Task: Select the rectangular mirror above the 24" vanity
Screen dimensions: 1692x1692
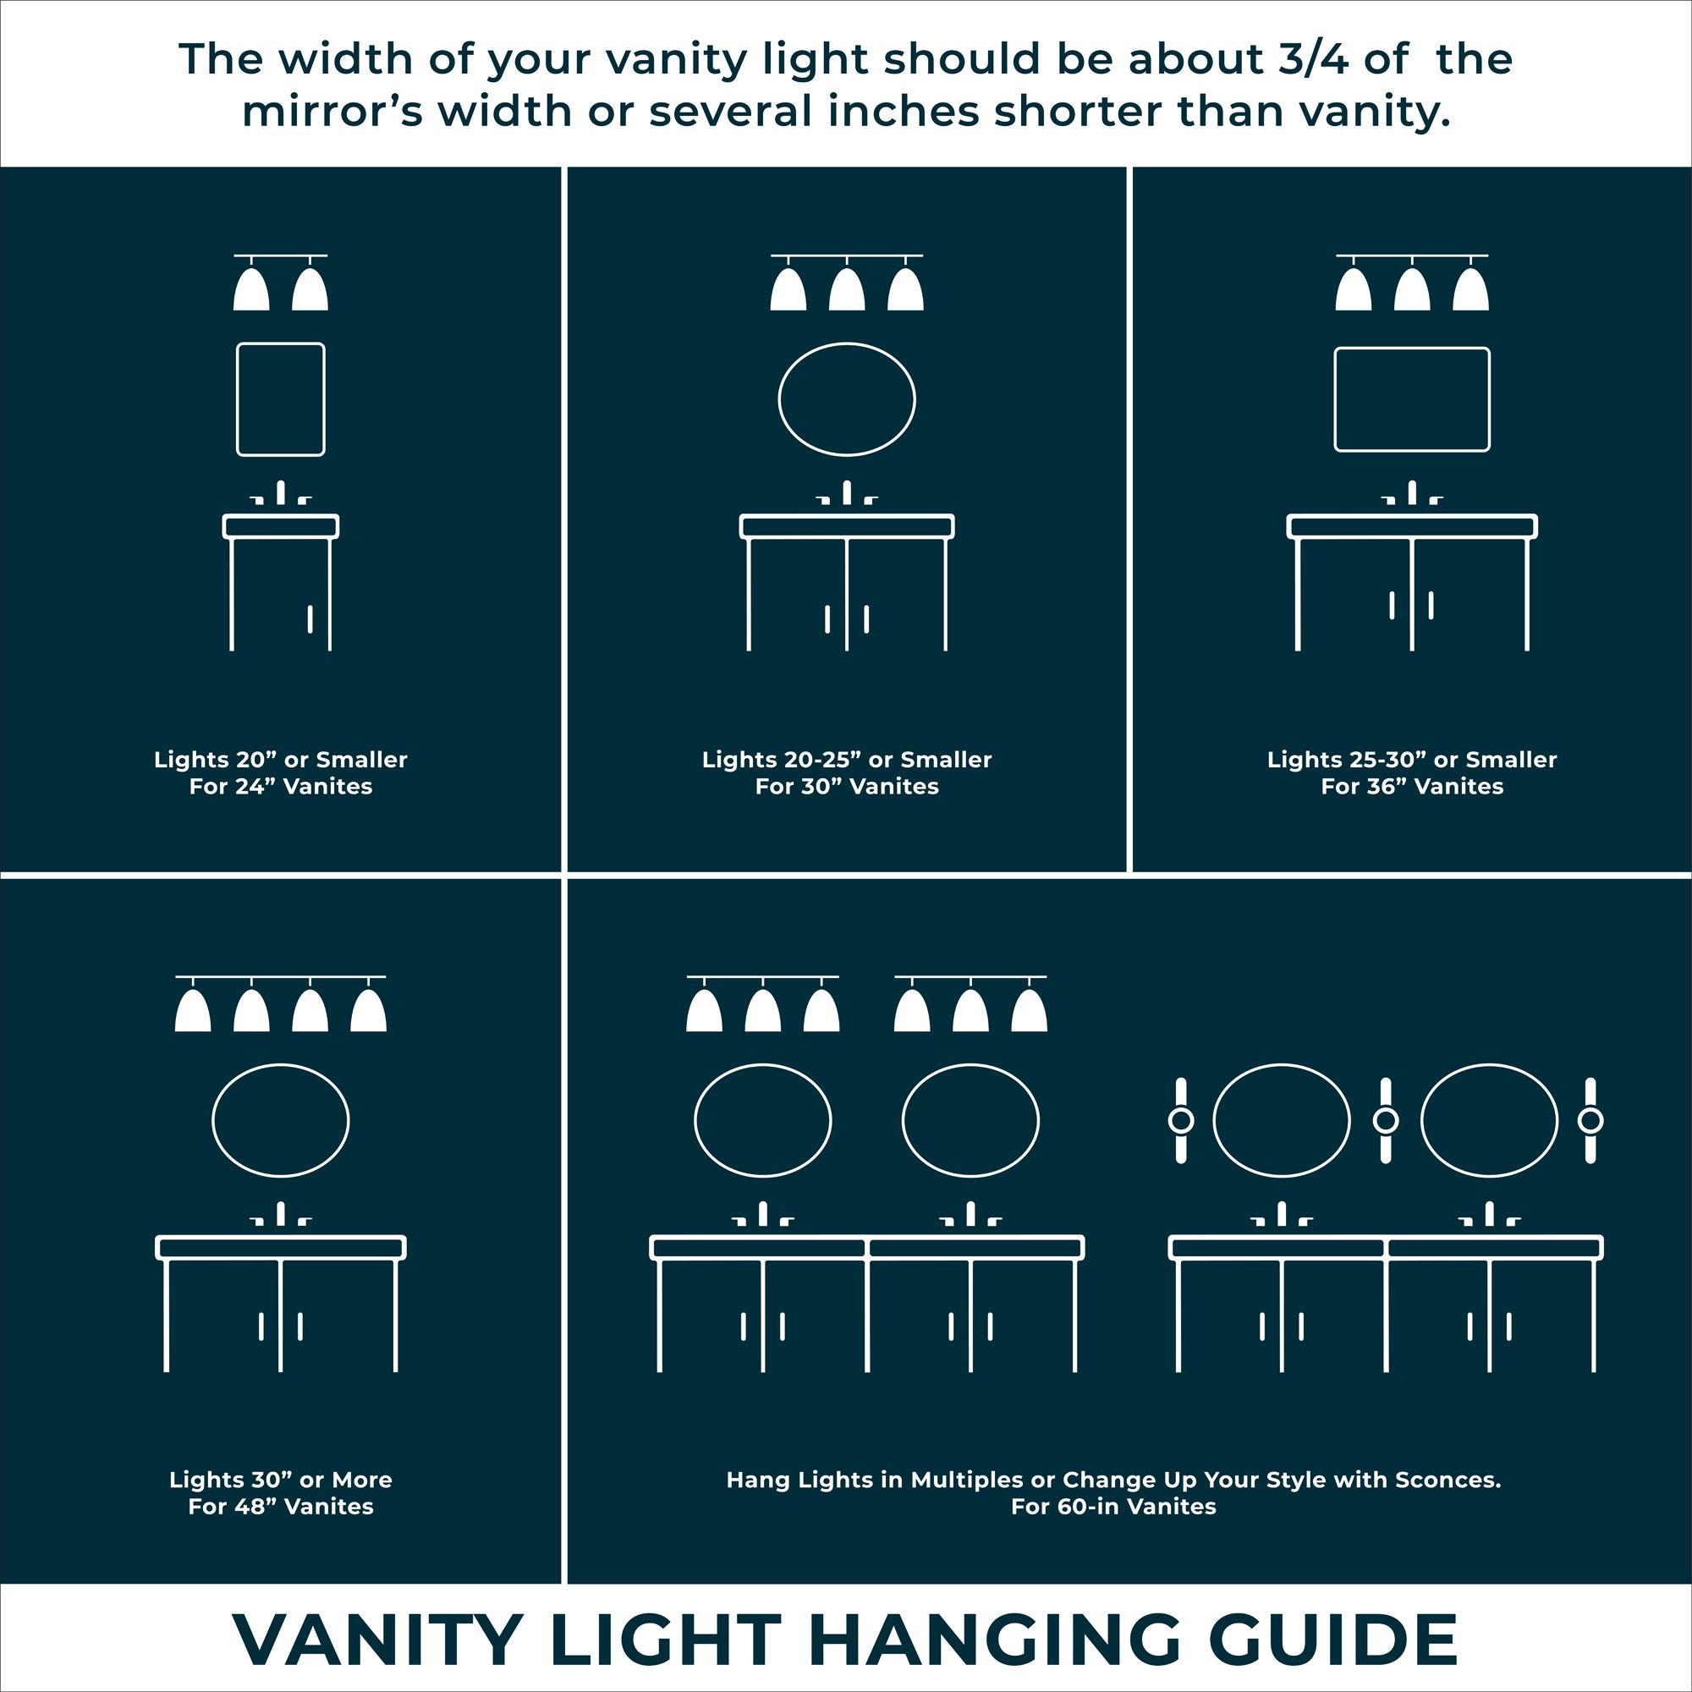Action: [x=280, y=399]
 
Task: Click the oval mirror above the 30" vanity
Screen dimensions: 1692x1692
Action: [x=847, y=399]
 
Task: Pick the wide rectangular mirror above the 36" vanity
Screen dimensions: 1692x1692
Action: [x=1412, y=399]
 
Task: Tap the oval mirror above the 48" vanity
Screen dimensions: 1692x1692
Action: [x=280, y=1121]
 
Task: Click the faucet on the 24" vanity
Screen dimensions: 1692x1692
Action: [x=280, y=495]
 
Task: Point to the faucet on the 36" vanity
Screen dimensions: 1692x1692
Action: [x=1412, y=495]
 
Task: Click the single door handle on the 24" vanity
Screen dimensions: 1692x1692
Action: [x=310, y=618]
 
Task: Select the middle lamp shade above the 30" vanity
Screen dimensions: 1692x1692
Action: [x=847, y=290]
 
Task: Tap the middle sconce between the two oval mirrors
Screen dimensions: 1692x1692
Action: [x=1386, y=1121]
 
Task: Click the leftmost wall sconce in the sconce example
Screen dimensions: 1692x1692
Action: [x=1180, y=1121]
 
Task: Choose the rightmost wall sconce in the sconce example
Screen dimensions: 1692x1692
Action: [x=1590, y=1121]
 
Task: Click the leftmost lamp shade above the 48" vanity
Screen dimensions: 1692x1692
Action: [x=193, y=1012]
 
